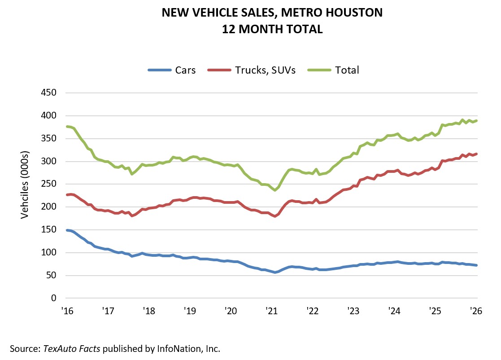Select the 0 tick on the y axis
pos(54,298)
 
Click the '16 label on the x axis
pos(66,311)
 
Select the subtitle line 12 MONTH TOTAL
pos(272,29)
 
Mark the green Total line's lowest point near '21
pos(275,190)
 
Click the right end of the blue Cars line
pos(476,265)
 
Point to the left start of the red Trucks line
pos(67,195)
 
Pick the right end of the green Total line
pos(476,121)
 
